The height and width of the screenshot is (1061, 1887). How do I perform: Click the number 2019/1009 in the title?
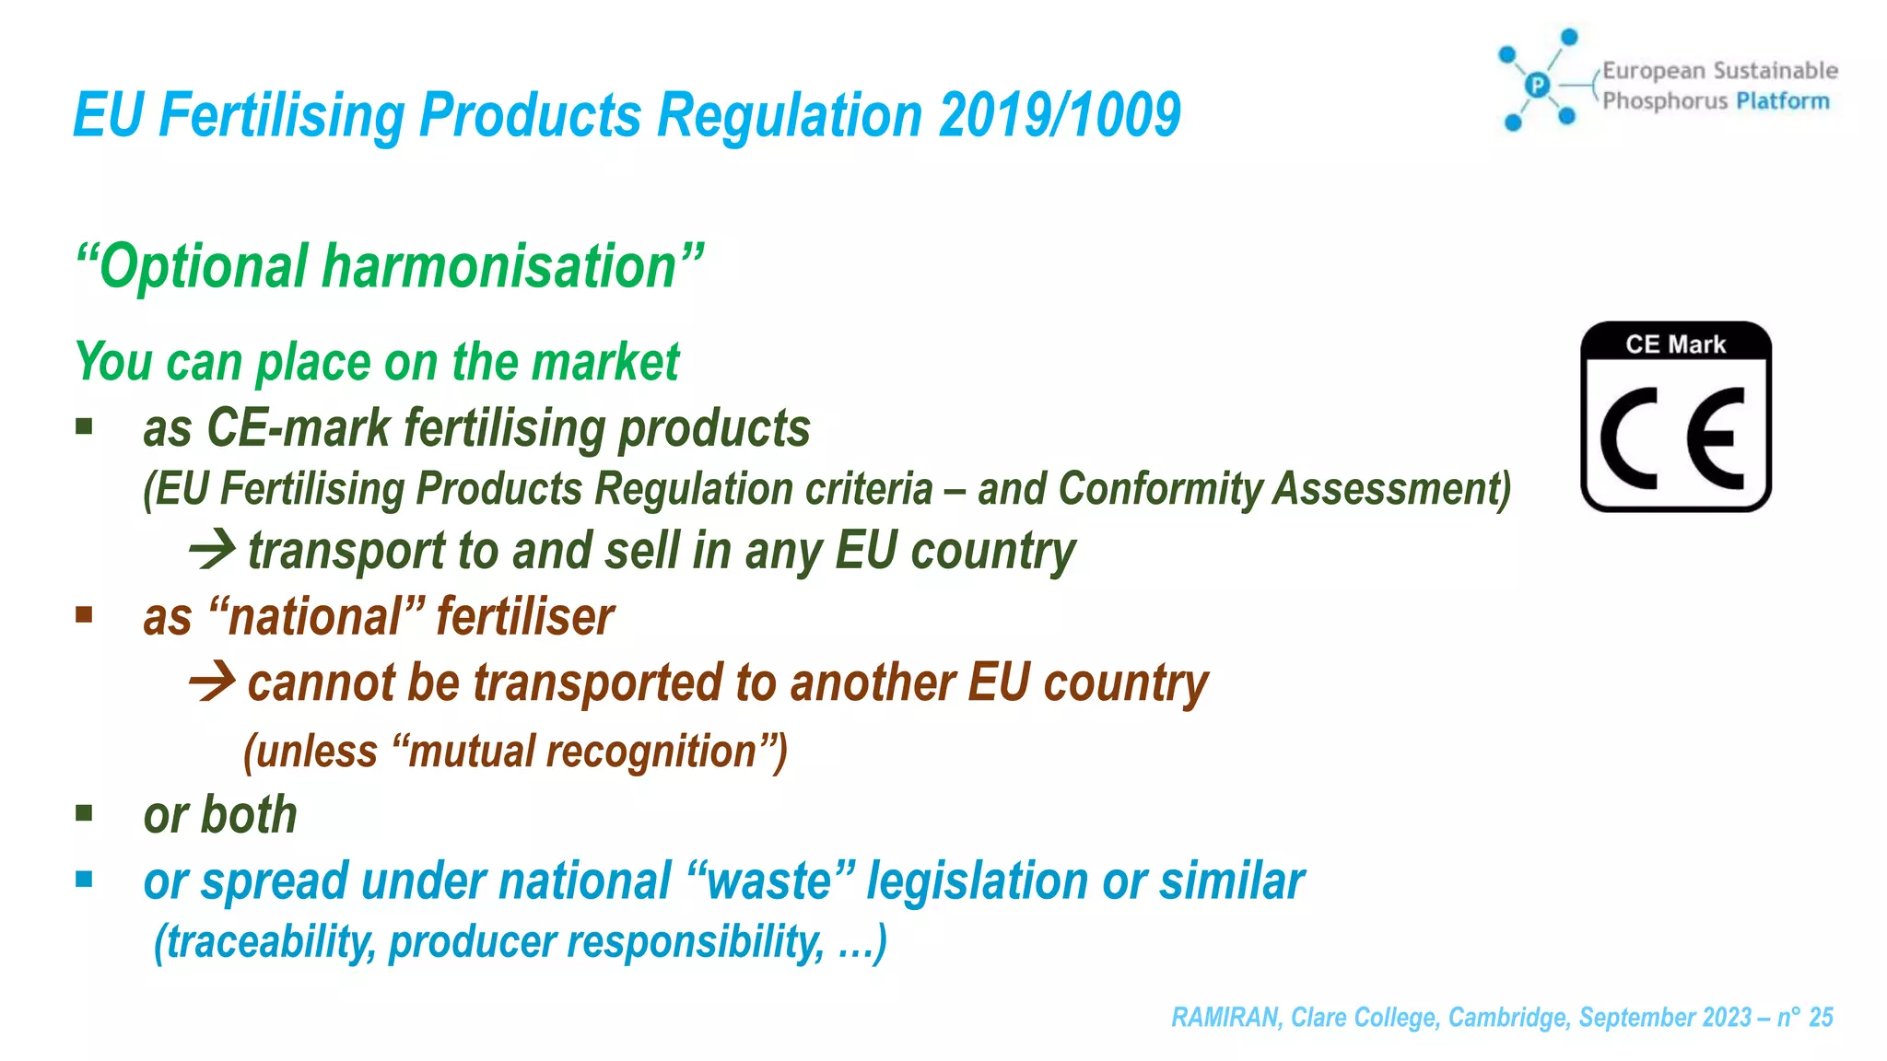point(1060,116)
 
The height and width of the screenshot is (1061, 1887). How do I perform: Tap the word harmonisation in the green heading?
point(499,267)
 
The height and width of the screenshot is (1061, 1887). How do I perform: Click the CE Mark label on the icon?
point(1675,344)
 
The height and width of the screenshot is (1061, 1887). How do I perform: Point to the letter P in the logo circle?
point(1537,86)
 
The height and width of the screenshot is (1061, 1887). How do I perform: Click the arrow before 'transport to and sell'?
point(212,550)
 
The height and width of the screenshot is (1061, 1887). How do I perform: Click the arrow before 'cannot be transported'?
point(212,682)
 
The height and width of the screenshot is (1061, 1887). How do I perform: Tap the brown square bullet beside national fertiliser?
point(85,614)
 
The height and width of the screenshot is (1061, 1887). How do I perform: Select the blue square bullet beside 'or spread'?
point(85,880)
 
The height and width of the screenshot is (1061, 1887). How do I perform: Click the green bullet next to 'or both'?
point(85,812)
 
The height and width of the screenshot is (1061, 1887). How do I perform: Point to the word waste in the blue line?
point(770,881)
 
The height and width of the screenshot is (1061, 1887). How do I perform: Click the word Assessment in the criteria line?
point(1391,488)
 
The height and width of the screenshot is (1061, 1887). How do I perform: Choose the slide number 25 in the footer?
point(1821,1017)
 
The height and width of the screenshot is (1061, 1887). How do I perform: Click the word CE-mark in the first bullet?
point(299,429)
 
